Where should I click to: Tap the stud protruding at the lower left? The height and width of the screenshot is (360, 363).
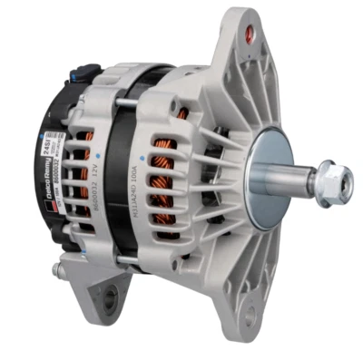(x=59, y=268)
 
